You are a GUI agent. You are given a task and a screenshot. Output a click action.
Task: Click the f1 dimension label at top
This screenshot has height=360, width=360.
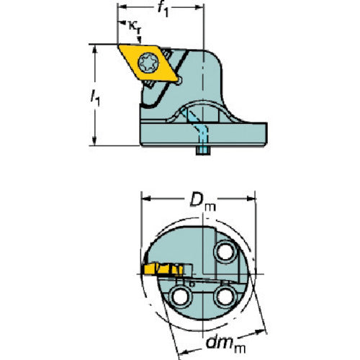tap(163, 9)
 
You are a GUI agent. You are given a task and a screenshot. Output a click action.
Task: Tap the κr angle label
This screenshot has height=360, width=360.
tap(135, 27)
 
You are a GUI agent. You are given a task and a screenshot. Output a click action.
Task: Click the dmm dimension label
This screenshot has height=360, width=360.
tap(225, 343)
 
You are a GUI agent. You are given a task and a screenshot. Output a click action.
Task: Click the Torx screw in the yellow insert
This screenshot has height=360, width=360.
tap(148, 63)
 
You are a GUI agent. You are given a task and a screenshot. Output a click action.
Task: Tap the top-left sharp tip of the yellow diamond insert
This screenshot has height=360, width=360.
tap(118, 45)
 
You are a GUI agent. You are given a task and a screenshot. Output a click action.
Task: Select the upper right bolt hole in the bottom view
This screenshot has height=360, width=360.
tap(225, 252)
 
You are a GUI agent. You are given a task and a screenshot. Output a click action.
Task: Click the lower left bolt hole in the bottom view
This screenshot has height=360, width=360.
tap(181, 297)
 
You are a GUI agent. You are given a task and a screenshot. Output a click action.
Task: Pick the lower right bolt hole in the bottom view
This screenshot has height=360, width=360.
tap(225, 297)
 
